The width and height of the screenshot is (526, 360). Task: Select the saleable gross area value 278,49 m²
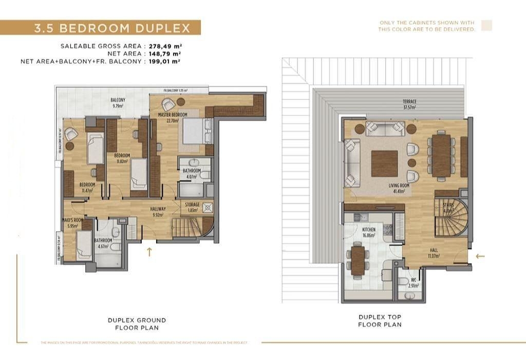coord(165,46)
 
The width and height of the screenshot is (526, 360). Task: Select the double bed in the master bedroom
coord(194,131)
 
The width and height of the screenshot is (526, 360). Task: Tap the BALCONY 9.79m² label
coord(118,103)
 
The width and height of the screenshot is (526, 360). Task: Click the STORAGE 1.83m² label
coord(192,207)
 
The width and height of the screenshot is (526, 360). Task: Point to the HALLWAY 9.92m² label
coord(158,212)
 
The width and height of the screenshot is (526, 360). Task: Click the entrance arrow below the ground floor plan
coord(149,252)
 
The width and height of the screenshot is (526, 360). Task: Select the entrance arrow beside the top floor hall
coord(480,256)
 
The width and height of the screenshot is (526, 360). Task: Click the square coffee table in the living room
coord(384,163)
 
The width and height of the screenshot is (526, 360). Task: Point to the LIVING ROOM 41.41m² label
coord(398,188)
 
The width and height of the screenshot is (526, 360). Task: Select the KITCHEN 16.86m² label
coord(368,232)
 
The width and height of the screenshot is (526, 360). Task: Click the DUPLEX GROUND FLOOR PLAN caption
coord(137,324)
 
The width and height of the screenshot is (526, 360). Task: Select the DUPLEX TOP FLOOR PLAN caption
coord(380,321)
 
